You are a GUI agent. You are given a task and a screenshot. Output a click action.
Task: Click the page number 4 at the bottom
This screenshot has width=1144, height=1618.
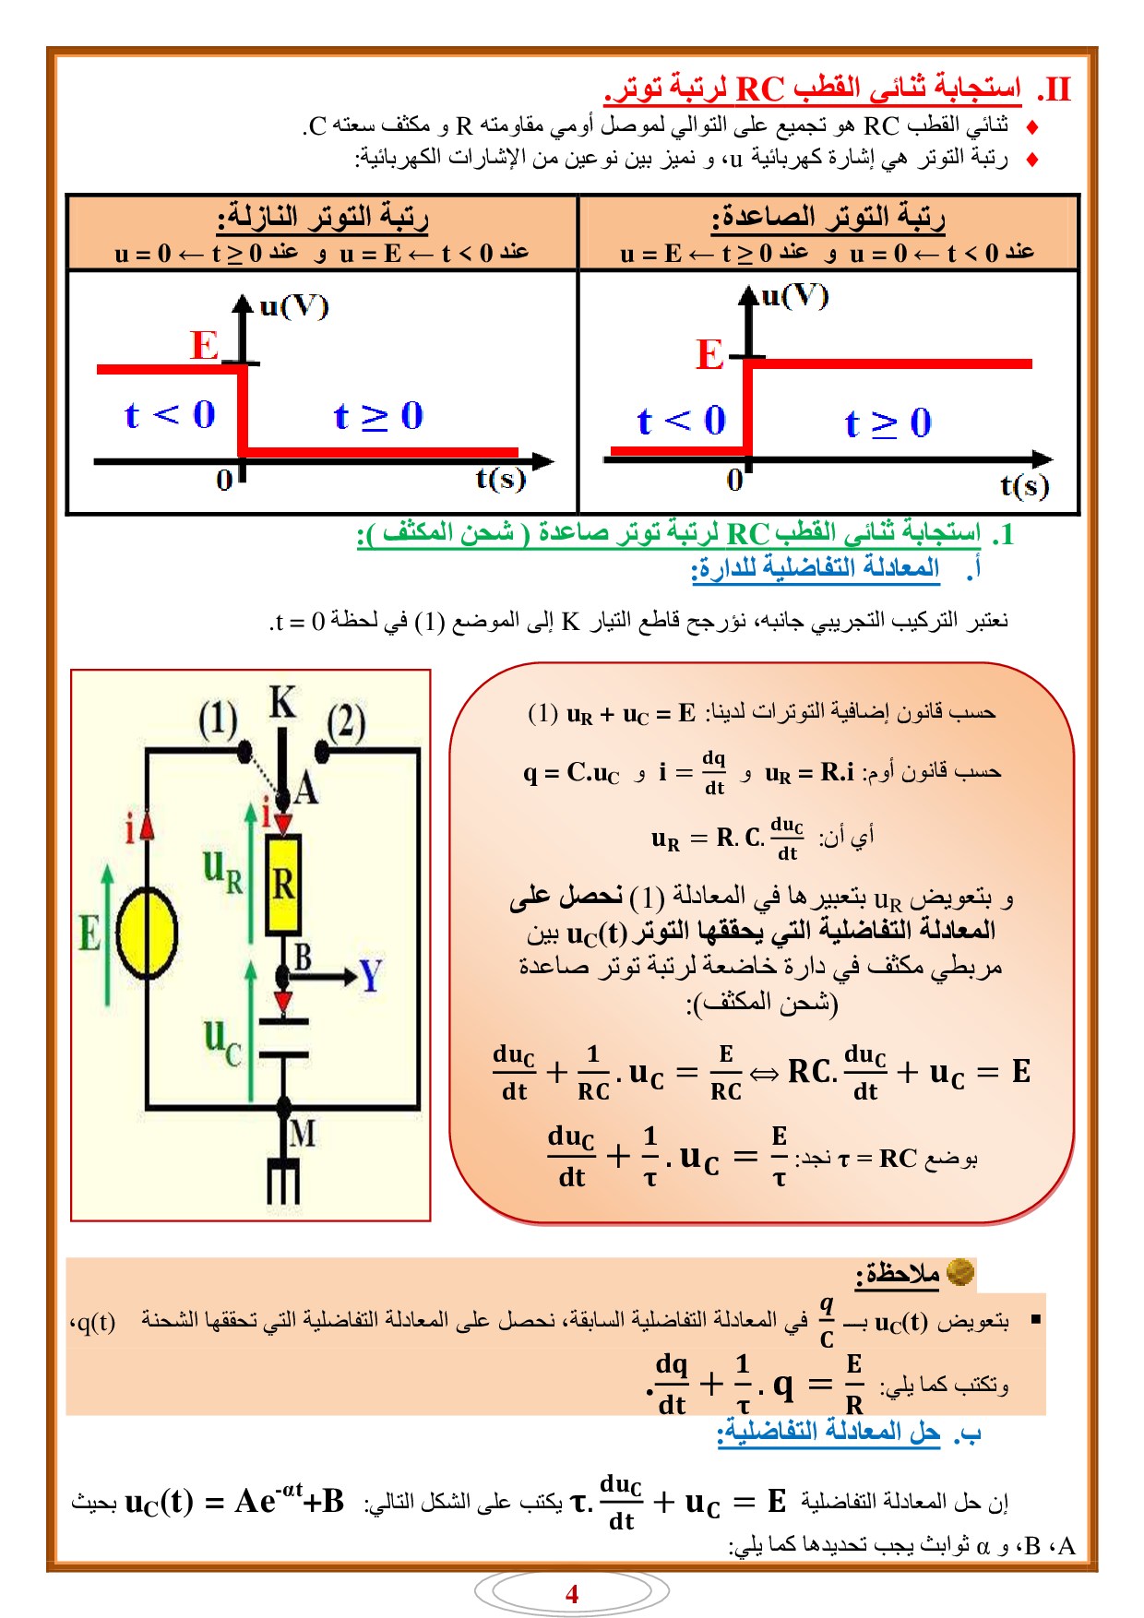click(572, 1593)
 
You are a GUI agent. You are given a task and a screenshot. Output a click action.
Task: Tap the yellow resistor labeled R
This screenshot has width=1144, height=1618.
click(283, 886)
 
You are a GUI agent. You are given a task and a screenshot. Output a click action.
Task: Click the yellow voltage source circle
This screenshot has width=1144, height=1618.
click(147, 933)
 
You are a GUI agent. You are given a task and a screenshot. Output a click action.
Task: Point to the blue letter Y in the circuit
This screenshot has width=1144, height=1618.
click(370, 975)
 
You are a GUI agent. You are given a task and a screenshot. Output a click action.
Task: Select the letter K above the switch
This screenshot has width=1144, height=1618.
click(282, 703)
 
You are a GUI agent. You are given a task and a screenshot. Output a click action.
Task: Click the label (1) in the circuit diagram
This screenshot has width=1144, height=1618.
click(218, 720)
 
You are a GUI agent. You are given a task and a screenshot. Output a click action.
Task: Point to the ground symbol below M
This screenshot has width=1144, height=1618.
click(283, 1179)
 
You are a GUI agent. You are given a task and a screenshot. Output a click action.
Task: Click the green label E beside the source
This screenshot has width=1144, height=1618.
click(89, 933)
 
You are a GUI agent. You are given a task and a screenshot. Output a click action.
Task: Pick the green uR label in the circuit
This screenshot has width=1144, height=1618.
click(223, 873)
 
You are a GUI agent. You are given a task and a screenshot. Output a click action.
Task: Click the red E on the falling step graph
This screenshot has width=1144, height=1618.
click(205, 345)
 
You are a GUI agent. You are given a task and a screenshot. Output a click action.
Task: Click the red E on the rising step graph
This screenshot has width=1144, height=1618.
click(709, 354)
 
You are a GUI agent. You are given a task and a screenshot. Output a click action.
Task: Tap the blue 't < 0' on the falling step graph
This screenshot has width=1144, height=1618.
click(170, 415)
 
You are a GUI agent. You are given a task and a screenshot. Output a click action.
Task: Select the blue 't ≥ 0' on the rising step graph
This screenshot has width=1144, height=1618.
click(888, 423)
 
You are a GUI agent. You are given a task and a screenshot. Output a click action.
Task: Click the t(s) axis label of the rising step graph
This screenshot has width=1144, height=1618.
click(1025, 485)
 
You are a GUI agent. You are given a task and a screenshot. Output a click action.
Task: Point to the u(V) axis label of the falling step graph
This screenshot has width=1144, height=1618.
click(294, 306)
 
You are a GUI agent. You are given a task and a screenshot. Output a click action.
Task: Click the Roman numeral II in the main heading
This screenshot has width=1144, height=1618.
click(1055, 89)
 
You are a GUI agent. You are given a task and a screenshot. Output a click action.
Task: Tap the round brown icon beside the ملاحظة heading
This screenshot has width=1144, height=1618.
click(960, 1272)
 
